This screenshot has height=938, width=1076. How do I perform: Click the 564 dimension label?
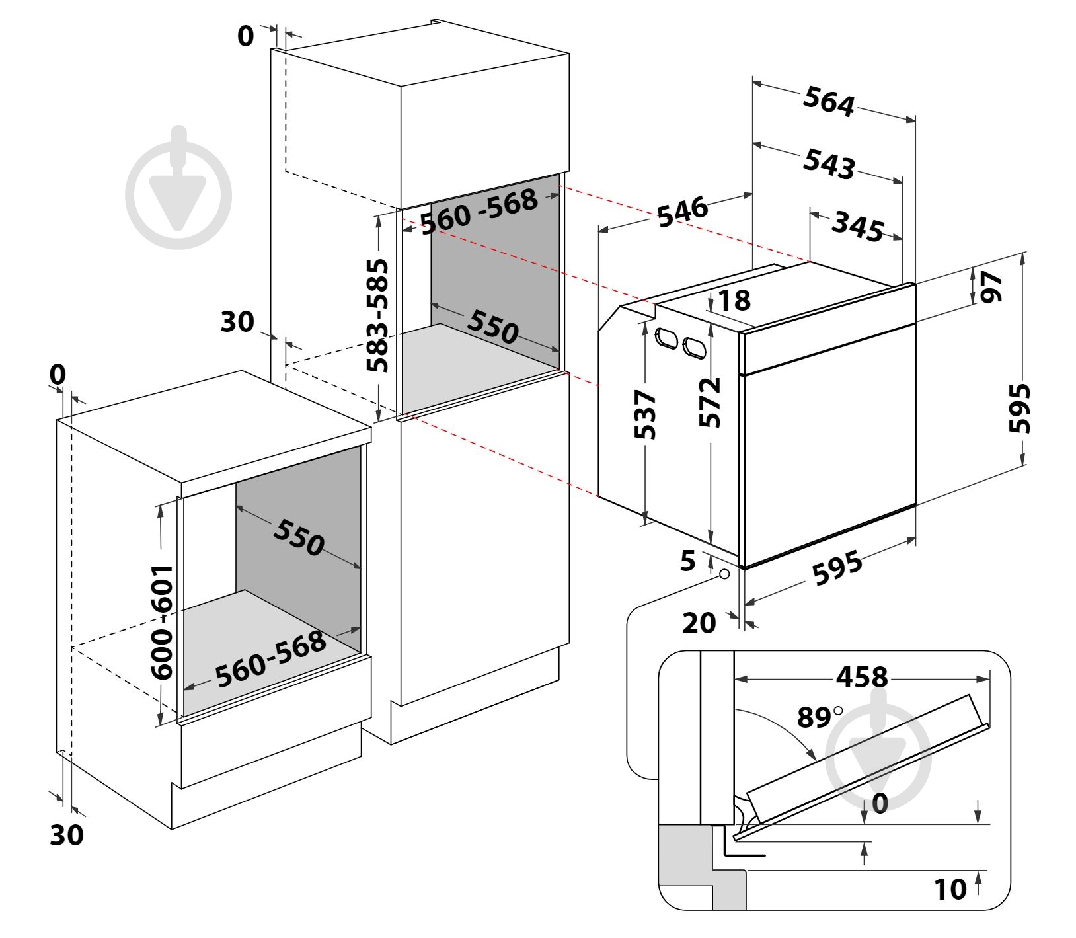pyautogui.click(x=829, y=102)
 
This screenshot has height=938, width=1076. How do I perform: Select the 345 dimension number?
pyautogui.click(x=857, y=225)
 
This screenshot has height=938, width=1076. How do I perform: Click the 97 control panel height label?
pyautogui.click(x=991, y=286)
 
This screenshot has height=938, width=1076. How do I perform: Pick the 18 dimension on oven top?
pyautogui.click(x=734, y=301)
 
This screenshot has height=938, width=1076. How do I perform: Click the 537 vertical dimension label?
pyautogui.click(x=644, y=414)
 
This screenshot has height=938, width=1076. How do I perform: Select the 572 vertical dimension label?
pyautogui.click(x=710, y=403)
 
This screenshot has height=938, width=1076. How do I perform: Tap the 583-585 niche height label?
pyautogui.click(x=378, y=315)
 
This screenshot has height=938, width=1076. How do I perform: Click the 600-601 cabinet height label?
pyautogui.click(x=161, y=621)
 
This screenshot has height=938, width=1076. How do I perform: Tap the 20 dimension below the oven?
pyautogui.click(x=699, y=622)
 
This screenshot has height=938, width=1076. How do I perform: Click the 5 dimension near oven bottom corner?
pyautogui.click(x=688, y=561)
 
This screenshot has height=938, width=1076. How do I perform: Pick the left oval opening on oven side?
pyautogui.click(x=665, y=339)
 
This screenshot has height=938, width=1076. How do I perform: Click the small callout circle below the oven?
pyautogui.click(x=724, y=574)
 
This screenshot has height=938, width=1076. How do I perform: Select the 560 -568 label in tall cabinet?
pyautogui.click(x=479, y=211)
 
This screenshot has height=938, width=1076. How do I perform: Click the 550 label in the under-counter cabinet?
pyautogui.click(x=298, y=537)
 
